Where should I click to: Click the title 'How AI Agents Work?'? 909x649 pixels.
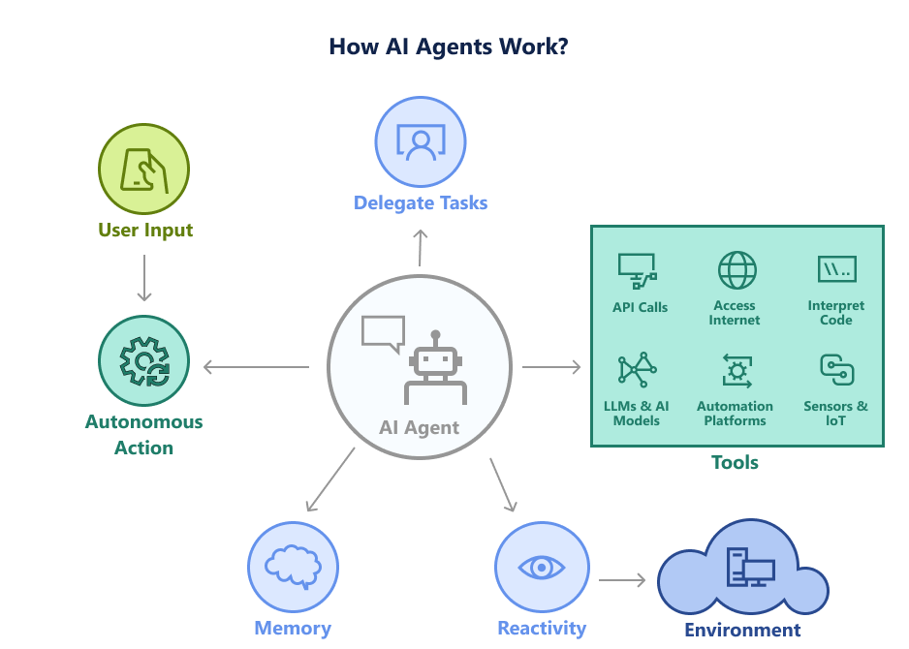pos(448,46)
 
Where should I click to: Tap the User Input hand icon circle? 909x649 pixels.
pos(143,170)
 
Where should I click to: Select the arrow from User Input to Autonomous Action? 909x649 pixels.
pos(143,278)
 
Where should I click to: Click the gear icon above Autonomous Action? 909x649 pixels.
pos(143,361)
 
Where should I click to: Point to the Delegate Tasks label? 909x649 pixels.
pos(420,203)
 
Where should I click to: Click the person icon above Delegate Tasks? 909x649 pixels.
pos(420,142)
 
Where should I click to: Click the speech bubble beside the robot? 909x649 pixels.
pos(382,332)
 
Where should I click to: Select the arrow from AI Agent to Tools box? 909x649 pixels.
pos(551,367)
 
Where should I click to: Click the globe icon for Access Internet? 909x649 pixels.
pos(737,270)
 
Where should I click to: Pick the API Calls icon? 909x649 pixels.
pos(638,271)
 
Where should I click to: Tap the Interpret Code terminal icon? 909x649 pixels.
pos(835,269)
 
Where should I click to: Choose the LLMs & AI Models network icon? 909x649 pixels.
pos(637,372)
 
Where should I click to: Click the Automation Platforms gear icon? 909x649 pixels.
pos(737,372)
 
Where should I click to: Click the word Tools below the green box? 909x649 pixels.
pos(735,463)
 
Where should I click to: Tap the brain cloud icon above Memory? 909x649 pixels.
pos(293,567)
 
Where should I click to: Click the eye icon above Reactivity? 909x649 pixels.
pos(542,567)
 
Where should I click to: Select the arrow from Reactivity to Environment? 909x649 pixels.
pos(622,580)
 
